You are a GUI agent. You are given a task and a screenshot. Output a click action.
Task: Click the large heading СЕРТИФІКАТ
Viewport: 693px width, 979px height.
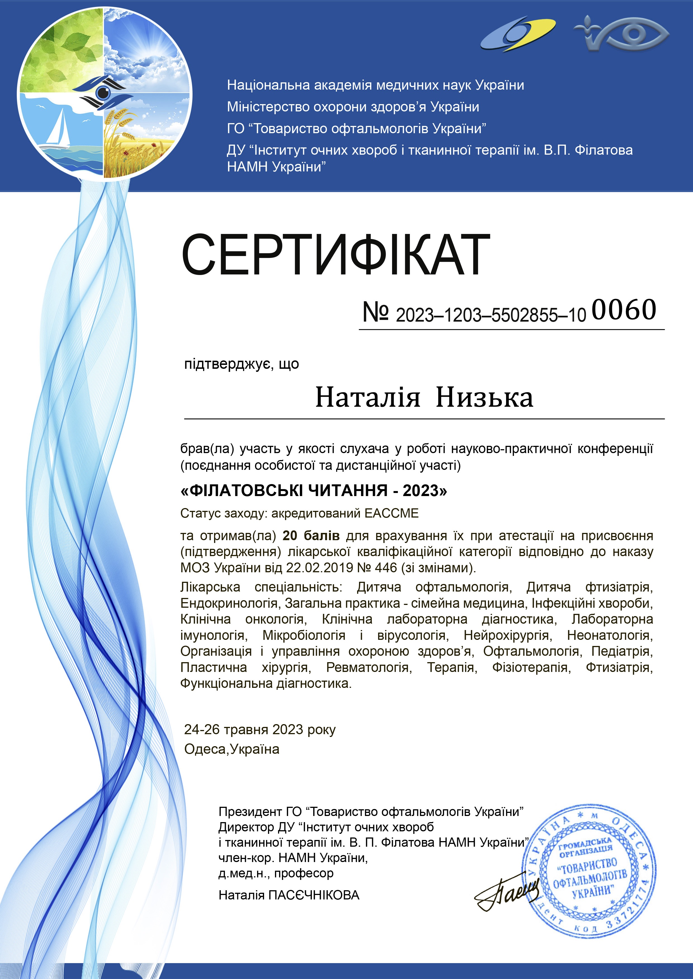click(336, 255)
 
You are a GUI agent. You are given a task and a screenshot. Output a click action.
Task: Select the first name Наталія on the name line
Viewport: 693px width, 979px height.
click(368, 398)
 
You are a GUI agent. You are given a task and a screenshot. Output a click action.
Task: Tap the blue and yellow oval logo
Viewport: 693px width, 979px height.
click(518, 34)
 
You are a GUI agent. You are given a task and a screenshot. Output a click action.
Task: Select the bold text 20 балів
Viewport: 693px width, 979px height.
click(311, 535)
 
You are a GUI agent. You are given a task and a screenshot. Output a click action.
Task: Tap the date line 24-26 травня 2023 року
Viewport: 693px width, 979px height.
click(260, 729)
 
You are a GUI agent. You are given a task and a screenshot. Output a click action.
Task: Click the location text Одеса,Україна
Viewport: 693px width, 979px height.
click(232, 749)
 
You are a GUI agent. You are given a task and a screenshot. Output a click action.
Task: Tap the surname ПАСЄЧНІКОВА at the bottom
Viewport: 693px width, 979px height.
click(313, 895)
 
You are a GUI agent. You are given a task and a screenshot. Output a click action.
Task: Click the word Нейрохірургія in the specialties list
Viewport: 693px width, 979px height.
click(508, 635)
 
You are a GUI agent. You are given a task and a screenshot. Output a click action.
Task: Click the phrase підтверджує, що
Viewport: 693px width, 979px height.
click(241, 364)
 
